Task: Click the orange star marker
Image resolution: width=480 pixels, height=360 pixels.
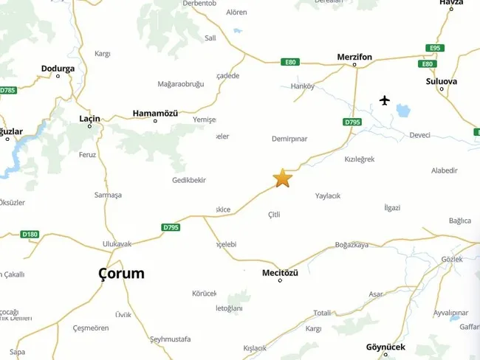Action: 283,178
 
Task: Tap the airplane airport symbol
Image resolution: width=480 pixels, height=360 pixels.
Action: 384,100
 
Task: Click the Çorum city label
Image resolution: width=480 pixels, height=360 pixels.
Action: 121,274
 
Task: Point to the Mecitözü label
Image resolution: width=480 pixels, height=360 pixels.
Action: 280,273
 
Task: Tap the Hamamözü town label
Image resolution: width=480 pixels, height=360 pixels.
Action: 155,113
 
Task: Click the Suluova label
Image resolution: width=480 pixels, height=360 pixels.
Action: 442,81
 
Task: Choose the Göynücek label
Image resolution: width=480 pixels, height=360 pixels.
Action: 385,347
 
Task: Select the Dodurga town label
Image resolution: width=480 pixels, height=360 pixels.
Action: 58,69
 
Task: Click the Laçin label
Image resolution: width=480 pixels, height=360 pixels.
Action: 89,118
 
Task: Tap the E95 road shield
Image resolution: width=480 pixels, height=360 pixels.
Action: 435,48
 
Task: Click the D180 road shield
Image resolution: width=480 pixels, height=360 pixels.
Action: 30,235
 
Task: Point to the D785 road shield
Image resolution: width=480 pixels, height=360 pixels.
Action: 7,90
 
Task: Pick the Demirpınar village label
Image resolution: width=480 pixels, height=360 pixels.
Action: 289,138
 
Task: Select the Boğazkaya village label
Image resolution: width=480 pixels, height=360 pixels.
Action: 352,245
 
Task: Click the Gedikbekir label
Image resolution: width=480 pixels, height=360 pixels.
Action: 188,180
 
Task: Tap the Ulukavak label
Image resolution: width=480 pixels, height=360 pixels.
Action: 117,244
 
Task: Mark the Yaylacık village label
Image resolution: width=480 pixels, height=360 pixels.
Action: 328,195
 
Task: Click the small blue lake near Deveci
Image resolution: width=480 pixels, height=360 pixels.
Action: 402,111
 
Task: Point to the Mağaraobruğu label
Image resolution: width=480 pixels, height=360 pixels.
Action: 181,84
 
